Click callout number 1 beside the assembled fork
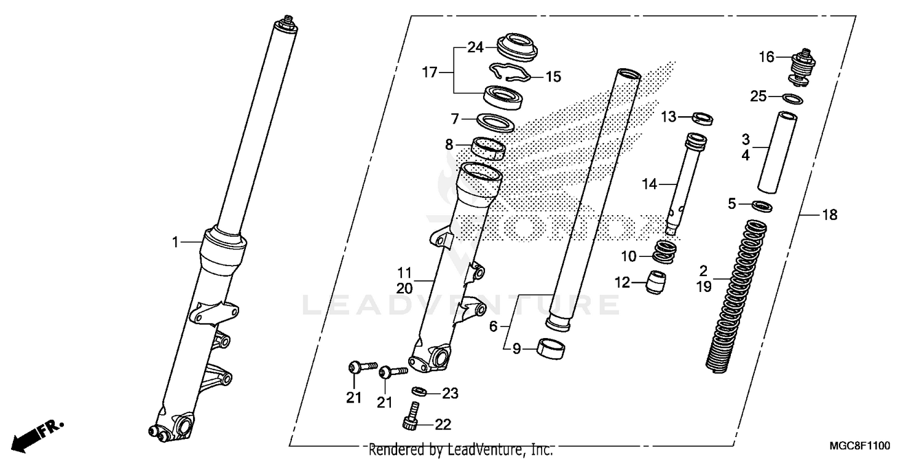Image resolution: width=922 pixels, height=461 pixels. pos(175,243)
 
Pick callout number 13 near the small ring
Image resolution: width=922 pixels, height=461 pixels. pos(668,116)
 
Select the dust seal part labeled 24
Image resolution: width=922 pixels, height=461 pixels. pos(518,47)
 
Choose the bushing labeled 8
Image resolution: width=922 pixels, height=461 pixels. pos(489,148)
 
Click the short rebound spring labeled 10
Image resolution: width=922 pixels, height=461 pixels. pos(664,251)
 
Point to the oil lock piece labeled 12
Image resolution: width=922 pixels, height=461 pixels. pos(655,282)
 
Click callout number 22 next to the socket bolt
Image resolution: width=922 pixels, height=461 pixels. pos(443,425)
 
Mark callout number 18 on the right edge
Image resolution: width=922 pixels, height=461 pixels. pos(830,215)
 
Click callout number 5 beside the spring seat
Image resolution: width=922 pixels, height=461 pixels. pos(731,203)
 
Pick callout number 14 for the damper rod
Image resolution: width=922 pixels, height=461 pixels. pos(650,183)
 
